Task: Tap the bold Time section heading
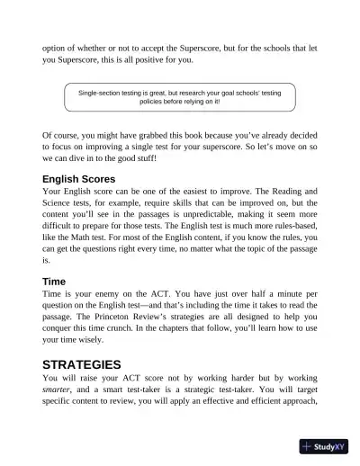pos(54,282)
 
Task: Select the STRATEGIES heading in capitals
pos(82,365)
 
